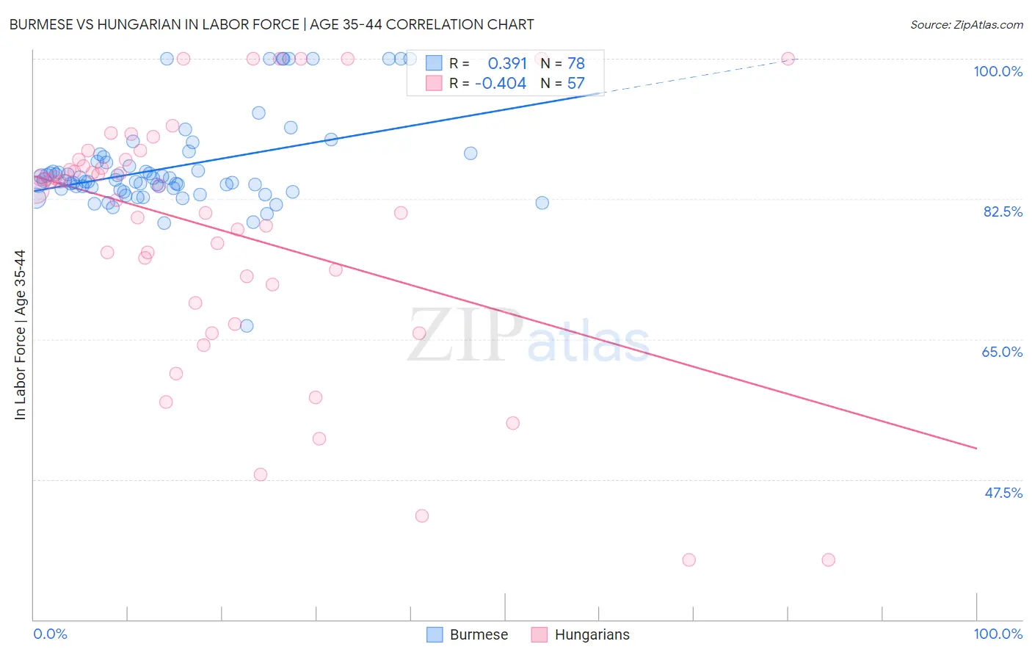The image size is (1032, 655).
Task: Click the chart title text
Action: click(272, 24)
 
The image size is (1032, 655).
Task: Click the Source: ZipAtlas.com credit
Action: click(966, 24)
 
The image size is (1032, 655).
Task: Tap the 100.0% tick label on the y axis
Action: click(998, 71)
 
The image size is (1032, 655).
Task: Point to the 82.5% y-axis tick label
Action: click(1003, 211)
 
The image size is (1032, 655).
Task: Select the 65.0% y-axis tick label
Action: click(1002, 352)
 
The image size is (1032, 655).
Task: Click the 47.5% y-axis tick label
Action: click(1003, 493)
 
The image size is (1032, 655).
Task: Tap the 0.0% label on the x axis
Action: click(50, 634)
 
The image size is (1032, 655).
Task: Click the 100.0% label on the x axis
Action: click(998, 634)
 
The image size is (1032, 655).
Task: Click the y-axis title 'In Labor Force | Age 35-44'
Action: click(20, 335)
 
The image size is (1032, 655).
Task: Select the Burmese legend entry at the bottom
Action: click(468, 634)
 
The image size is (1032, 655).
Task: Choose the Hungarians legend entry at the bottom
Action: click(581, 634)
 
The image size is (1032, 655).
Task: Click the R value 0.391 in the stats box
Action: click(507, 64)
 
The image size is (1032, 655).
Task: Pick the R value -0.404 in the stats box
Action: click(501, 84)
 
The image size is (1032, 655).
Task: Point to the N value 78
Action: click(575, 64)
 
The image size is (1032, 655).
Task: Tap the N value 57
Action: click(575, 84)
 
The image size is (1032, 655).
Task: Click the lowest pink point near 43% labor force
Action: click(422, 515)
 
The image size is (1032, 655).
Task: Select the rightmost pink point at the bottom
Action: click(829, 560)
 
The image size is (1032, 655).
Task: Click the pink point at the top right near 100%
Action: click(788, 59)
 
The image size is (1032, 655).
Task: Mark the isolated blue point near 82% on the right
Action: click(542, 203)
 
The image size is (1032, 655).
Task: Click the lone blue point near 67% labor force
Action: click(247, 325)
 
